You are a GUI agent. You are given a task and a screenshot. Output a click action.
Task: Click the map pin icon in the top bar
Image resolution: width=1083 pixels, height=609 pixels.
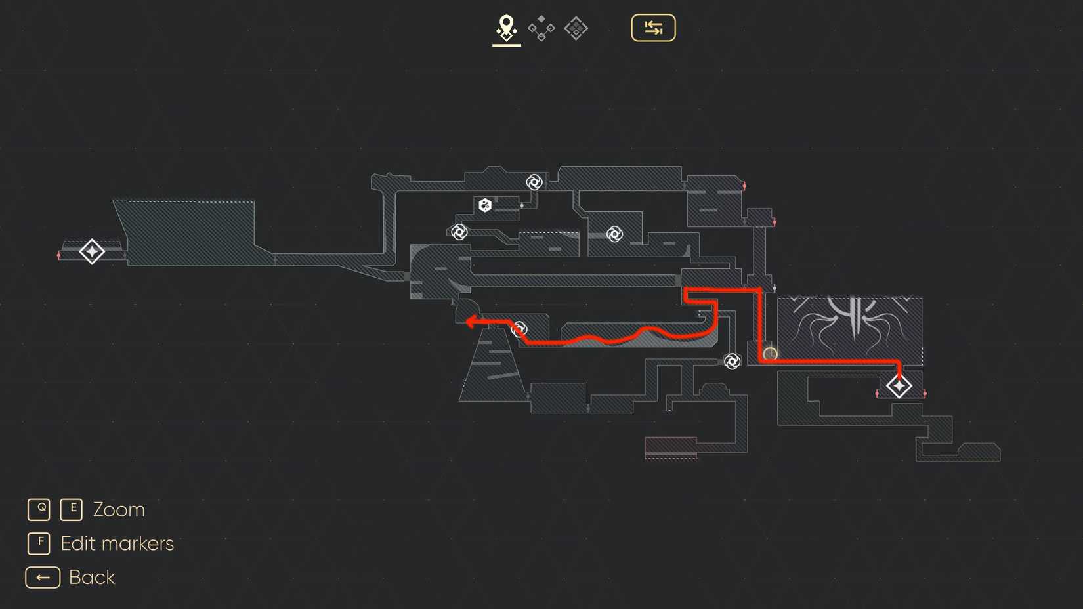click(x=506, y=28)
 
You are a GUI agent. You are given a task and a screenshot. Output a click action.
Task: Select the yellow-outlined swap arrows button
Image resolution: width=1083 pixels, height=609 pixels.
click(x=653, y=28)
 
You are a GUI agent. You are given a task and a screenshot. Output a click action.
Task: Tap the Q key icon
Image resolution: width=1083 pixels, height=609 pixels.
click(x=39, y=509)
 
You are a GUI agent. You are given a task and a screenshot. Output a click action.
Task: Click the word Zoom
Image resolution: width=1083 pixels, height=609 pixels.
click(x=119, y=510)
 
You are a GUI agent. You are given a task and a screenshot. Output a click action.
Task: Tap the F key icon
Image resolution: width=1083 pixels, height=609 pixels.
click(x=39, y=543)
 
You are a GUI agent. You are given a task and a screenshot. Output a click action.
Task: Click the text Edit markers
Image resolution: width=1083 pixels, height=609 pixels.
click(x=117, y=543)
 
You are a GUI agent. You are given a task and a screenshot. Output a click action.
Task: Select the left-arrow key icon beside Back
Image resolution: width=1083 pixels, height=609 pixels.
click(x=43, y=577)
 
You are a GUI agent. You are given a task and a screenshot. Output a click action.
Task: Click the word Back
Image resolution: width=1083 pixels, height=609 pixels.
click(x=92, y=577)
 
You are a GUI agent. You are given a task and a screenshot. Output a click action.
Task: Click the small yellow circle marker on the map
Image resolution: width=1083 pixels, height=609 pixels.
click(x=770, y=354)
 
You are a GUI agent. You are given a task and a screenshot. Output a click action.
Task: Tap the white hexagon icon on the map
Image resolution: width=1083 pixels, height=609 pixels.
click(x=485, y=205)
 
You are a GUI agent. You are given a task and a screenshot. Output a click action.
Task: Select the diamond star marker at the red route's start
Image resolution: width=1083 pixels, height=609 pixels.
click(x=899, y=386)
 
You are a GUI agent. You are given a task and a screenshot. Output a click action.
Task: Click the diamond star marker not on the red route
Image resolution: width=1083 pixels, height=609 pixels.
click(x=92, y=251)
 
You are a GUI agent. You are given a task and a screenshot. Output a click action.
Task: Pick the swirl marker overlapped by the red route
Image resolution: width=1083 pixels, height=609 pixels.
click(x=519, y=329)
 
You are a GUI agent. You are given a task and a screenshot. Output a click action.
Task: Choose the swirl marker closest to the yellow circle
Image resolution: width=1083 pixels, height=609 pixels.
click(x=732, y=361)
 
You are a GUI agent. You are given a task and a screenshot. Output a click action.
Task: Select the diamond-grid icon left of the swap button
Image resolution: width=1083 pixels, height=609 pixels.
click(x=576, y=28)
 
